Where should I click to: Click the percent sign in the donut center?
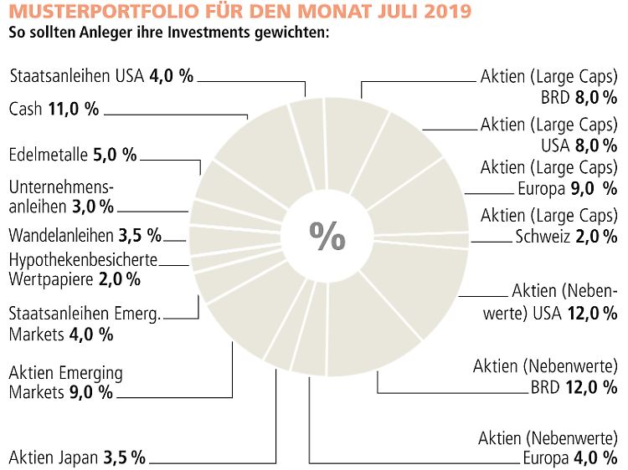(x=327, y=236)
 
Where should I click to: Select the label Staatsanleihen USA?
(x=78, y=76)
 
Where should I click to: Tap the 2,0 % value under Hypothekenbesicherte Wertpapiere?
(x=120, y=278)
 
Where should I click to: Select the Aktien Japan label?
(x=54, y=457)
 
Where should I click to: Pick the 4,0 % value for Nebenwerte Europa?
(x=595, y=457)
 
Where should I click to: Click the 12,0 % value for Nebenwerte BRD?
(x=595, y=386)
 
